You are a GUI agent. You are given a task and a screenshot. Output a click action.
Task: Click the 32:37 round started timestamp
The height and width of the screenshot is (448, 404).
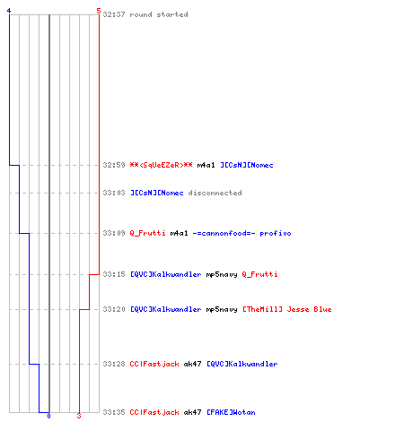(114, 14)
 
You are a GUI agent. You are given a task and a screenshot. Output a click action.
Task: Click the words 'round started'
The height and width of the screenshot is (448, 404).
(159, 14)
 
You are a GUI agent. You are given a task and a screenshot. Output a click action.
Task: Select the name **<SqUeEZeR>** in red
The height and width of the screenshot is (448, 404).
(161, 165)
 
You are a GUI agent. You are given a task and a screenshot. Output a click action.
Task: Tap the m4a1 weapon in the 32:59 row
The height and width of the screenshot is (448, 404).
(206, 165)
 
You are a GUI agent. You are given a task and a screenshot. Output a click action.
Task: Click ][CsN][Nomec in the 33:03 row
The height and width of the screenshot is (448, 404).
(157, 193)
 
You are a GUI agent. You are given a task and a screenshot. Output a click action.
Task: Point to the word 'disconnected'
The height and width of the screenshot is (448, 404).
(215, 193)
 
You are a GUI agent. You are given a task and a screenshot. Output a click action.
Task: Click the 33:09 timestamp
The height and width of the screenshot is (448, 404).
(114, 233)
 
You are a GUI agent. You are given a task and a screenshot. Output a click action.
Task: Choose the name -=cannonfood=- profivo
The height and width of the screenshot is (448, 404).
(242, 233)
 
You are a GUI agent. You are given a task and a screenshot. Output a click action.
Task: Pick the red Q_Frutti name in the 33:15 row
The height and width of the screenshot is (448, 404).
(259, 274)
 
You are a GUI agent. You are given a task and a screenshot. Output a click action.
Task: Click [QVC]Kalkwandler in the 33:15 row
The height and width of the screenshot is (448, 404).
(166, 274)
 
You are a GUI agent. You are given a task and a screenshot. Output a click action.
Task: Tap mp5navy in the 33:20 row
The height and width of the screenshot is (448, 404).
(222, 309)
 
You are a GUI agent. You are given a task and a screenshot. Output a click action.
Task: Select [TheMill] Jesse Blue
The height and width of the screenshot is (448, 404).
(287, 309)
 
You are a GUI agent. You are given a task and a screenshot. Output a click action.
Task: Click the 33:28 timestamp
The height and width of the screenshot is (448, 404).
(114, 364)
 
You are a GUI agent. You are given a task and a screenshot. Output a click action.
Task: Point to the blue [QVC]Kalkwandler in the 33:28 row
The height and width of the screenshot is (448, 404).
(242, 364)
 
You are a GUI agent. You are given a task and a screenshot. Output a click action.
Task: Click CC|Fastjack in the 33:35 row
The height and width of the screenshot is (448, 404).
(154, 412)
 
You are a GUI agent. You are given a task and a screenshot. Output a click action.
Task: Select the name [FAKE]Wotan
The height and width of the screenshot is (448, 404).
(231, 412)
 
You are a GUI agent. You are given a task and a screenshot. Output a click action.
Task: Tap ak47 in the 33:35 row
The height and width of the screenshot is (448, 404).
(192, 412)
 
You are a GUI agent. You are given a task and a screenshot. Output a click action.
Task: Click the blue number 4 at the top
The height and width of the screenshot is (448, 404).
(9, 11)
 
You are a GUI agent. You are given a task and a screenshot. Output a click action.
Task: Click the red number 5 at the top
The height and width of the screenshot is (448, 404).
(99, 11)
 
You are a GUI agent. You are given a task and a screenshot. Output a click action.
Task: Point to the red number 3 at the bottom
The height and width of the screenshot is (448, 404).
(79, 416)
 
